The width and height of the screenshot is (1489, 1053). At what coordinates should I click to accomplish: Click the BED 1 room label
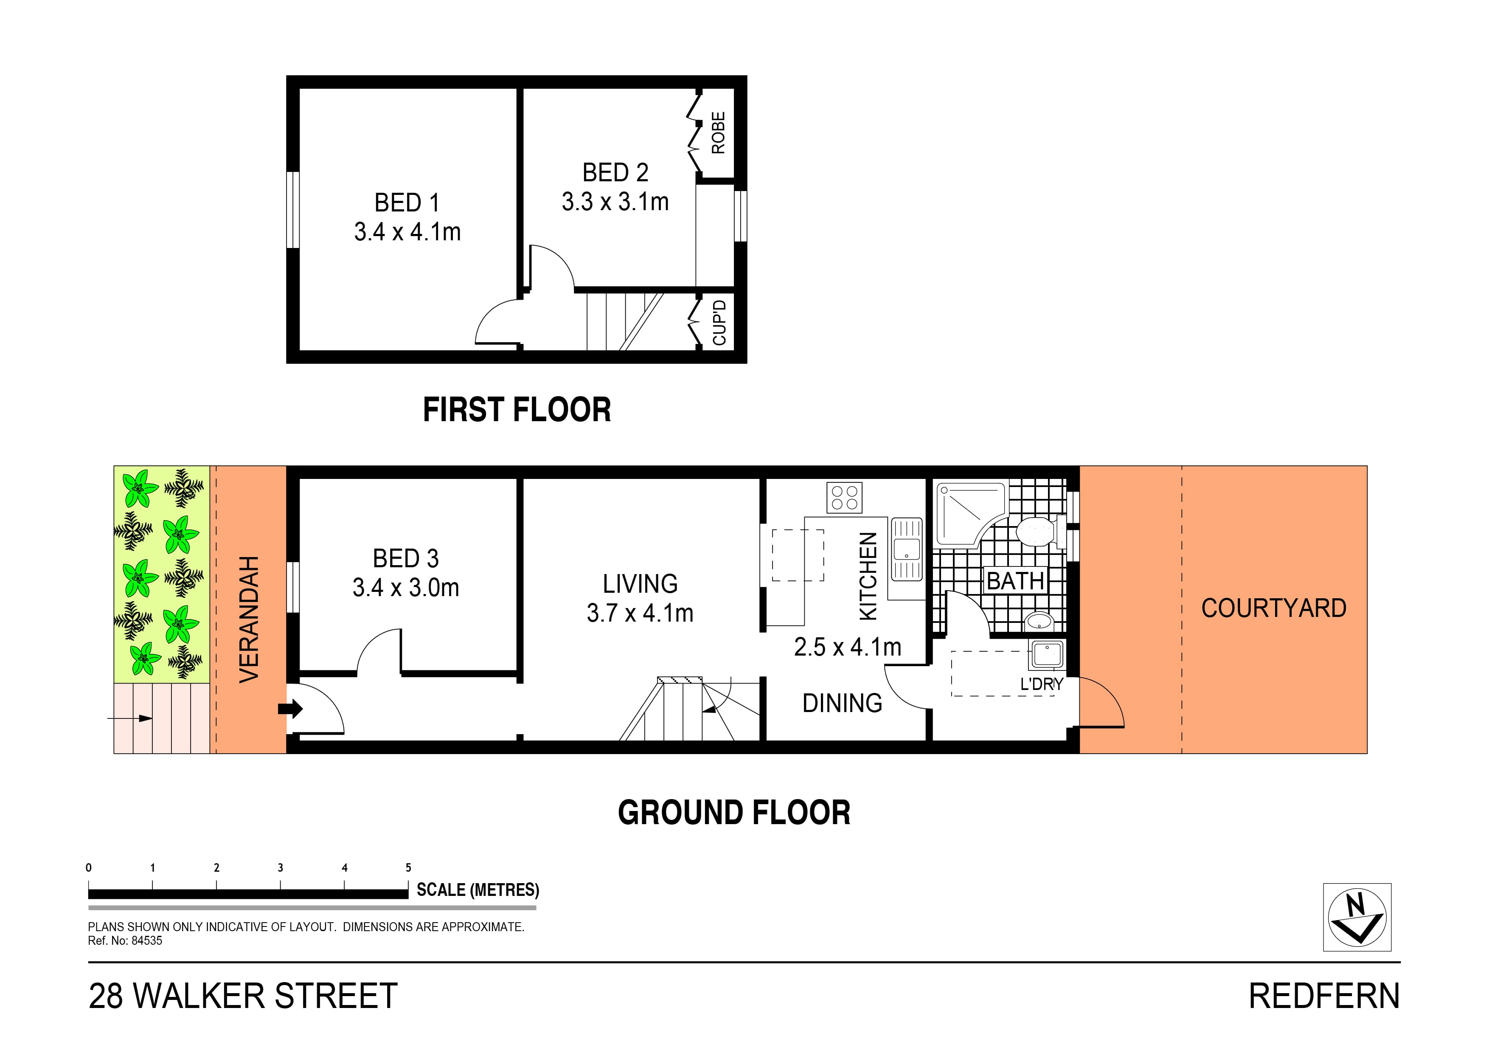coord(407,203)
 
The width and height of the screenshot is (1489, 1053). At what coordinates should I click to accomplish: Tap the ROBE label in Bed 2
coord(718,133)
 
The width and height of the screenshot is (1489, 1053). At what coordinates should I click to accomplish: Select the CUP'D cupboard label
coord(719,322)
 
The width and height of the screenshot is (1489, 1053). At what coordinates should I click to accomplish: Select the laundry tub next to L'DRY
coord(1046,655)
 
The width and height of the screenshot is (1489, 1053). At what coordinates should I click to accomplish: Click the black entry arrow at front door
coord(290,709)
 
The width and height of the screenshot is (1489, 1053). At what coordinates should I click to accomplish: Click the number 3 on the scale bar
coord(280,867)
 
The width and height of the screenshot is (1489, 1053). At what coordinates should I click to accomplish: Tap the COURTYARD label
coord(1273,608)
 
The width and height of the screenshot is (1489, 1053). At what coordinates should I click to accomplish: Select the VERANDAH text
coord(249,619)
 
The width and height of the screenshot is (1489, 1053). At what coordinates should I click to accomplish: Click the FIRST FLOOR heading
coord(517,410)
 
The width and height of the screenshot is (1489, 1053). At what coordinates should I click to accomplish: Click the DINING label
coord(842,703)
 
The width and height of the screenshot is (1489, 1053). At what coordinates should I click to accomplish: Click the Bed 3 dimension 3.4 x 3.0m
coord(406,588)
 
